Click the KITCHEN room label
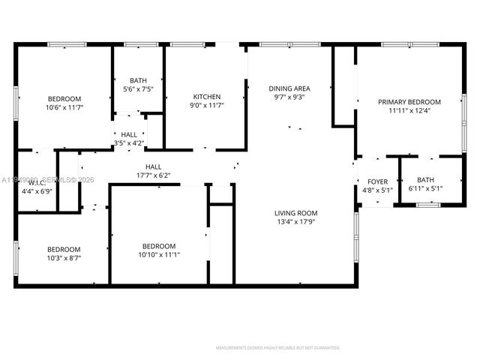click(x=206, y=97)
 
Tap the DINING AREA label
click(x=289, y=88)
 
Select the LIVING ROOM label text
click(x=295, y=213)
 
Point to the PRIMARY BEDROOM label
click(x=409, y=102)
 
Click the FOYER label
click(x=377, y=181)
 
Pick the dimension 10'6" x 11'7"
click(x=64, y=108)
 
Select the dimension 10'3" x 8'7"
click(x=64, y=258)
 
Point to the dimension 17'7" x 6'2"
click(x=153, y=176)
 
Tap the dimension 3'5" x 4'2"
click(x=129, y=143)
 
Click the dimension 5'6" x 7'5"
click(x=138, y=89)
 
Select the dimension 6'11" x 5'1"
click(x=425, y=189)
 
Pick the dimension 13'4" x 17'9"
click(x=295, y=222)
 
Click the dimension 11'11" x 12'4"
click(x=409, y=111)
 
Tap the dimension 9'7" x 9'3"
click(x=289, y=97)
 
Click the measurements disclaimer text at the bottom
click(x=277, y=348)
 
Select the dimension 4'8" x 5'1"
click(x=377, y=190)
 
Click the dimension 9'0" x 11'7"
click(x=206, y=106)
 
